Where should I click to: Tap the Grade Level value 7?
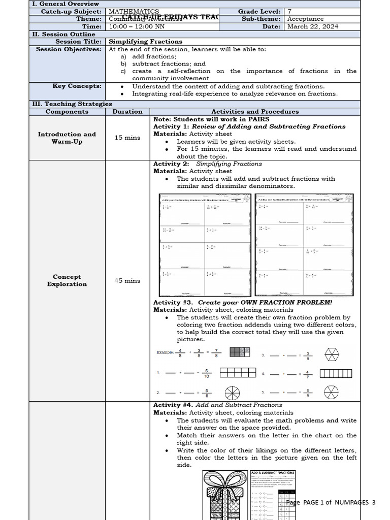tap(289, 11)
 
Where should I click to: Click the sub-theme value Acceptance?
tap(305, 19)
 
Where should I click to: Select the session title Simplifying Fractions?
tap(146, 42)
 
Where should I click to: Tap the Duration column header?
tap(127, 112)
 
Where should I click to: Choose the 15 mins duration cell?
tap(127, 138)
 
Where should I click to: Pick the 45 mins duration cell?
tap(127, 280)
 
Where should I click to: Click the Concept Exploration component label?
tap(67, 280)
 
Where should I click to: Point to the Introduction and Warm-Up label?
tap(67, 138)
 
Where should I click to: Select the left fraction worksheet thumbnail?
tap(203, 245)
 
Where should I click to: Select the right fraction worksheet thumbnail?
tap(304, 245)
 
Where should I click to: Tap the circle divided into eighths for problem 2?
tap(232, 393)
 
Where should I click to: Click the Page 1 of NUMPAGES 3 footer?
tap(331, 502)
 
